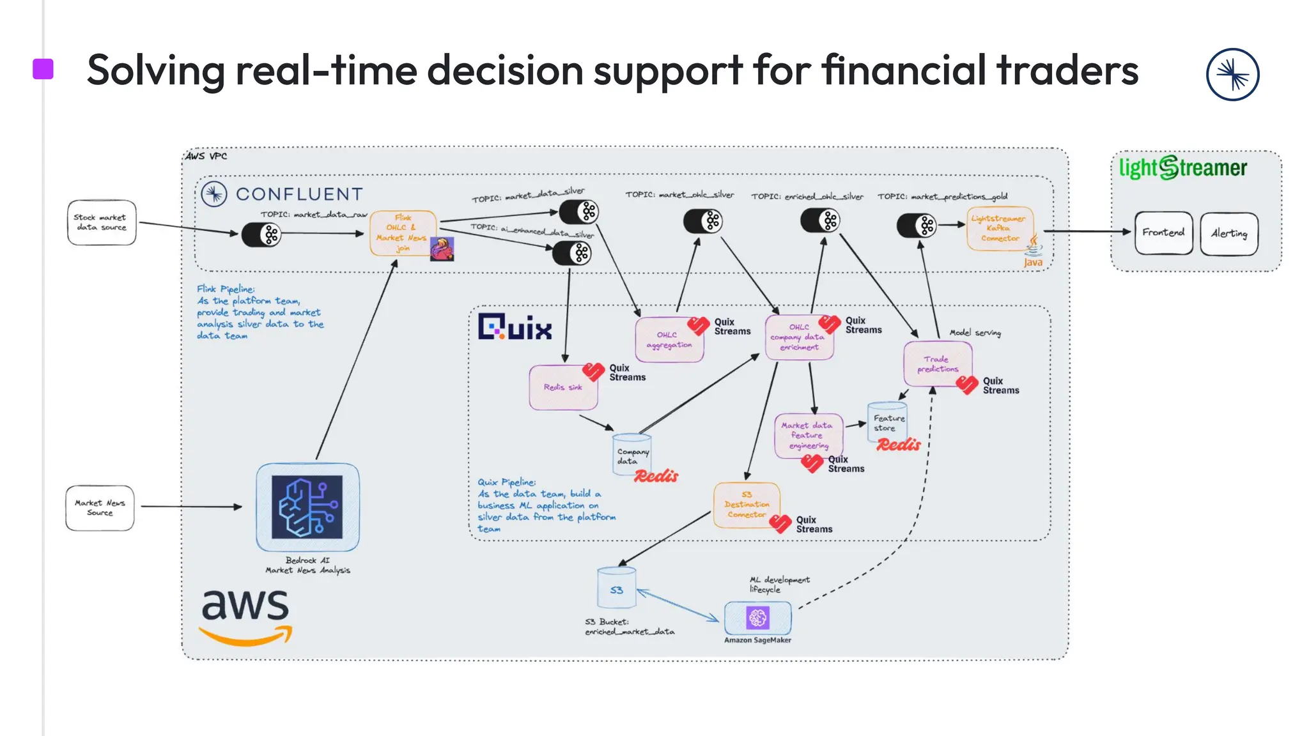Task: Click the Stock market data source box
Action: [x=101, y=222]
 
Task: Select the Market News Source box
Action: [x=100, y=508]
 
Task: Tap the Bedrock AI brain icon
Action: [x=307, y=507]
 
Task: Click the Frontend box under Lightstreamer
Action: [x=1163, y=233]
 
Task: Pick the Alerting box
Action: [x=1228, y=234]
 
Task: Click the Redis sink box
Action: [x=563, y=387]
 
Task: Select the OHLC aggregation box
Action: [x=669, y=340]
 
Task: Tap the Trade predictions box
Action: [x=937, y=364]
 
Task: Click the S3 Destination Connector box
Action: [x=746, y=505]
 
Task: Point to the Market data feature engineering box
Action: [x=808, y=436]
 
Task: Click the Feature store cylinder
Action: [x=887, y=422]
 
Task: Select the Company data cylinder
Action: [x=631, y=455]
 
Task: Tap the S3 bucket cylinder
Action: [x=616, y=588]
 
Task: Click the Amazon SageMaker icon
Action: [x=757, y=618]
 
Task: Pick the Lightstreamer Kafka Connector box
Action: [x=999, y=228]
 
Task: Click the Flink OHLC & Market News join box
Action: [x=403, y=233]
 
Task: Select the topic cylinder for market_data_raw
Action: [x=261, y=234]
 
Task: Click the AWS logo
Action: [x=245, y=615]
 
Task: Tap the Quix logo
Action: [x=515, y=328]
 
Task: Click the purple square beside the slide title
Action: [x=43, y=69]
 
